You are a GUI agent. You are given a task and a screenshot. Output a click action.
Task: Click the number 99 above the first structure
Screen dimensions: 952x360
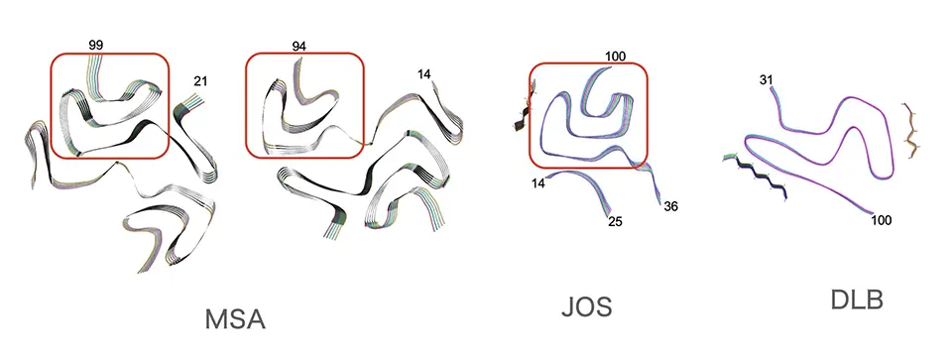pos(95,45)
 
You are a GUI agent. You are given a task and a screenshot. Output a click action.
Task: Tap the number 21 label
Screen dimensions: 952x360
pos(200,80)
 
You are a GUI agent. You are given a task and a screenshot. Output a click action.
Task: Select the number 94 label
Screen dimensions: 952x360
pos(298,46)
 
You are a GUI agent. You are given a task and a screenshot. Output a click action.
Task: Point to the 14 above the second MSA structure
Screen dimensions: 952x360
pos(424,74)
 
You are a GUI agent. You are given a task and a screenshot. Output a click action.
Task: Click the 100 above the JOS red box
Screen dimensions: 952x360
pos(615,57)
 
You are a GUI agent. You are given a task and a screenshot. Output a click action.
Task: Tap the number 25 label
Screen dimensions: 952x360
pos(615,221)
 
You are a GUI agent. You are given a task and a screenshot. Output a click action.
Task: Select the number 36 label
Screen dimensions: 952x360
pos(671,206)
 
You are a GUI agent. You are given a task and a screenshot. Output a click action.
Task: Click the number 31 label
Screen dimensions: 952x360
pos(767,79)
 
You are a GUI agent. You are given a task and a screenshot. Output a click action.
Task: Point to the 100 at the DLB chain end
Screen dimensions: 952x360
pos(881,220)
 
